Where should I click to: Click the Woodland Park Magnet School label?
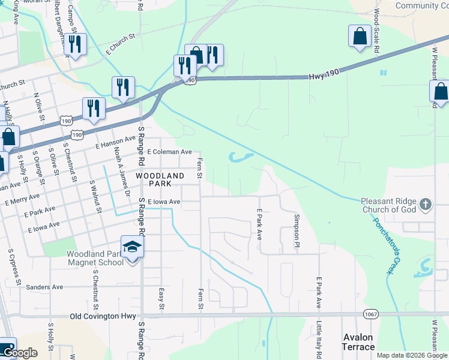(95, 258)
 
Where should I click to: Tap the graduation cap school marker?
(131, 247)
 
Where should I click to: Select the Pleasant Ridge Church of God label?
(390, 205)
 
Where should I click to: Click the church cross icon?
(425, 205)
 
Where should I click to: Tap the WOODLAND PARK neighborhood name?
(160, 179)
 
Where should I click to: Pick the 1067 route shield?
(370, 314)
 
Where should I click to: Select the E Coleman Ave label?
(169, 152)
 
